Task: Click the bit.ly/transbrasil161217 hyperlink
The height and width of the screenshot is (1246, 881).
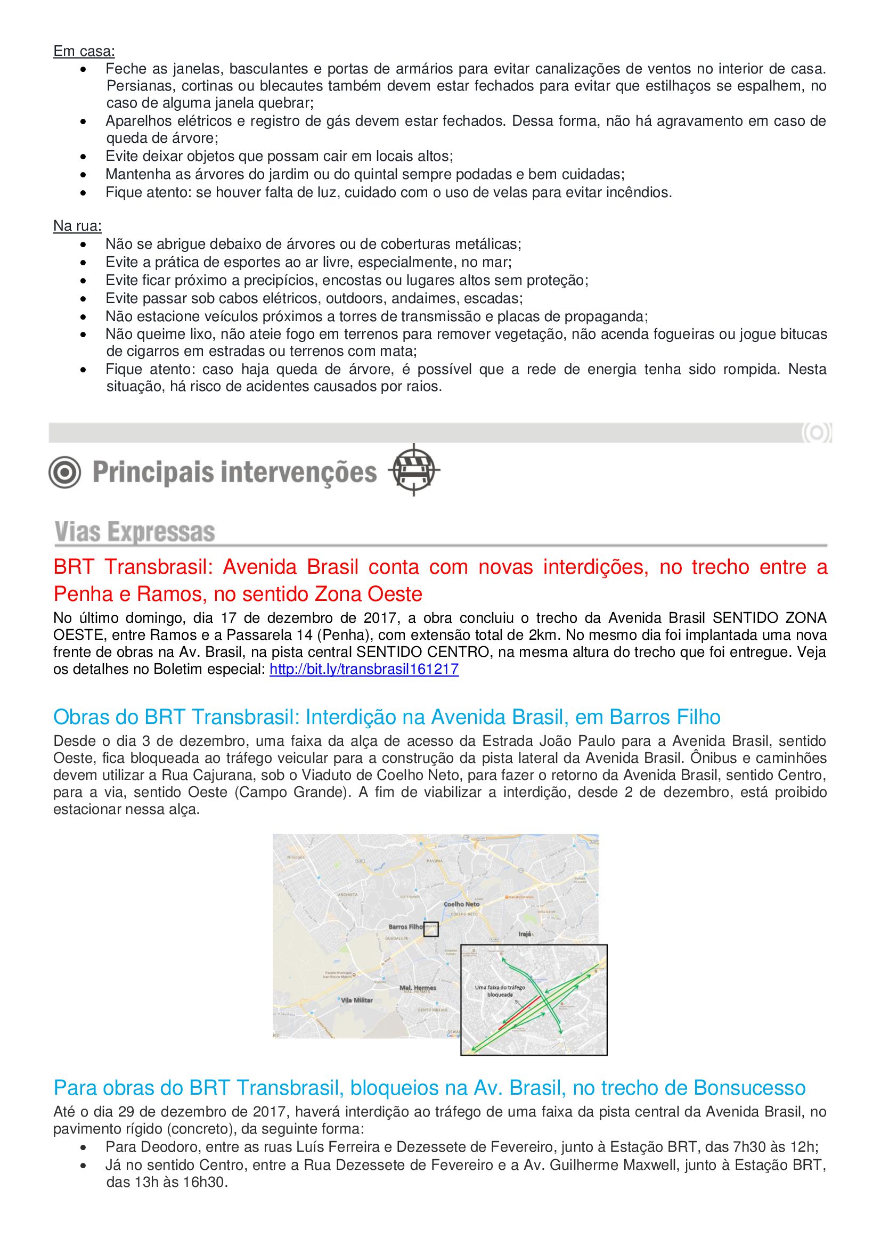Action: pyautogui.click(x=364, y=669)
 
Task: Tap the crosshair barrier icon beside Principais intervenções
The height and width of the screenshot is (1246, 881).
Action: pyautogui.click(x=414, y=470)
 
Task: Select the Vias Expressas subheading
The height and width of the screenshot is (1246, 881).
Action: pyautogui.click(x=135, y=532)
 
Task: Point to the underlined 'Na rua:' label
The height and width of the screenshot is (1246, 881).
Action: pyautogui.click(x=78, y=226)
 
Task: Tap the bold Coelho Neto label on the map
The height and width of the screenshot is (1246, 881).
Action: pyautogui.click(x=462, y=904)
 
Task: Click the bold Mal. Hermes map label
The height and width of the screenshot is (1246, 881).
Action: pyautogui.click(x=418, y=988)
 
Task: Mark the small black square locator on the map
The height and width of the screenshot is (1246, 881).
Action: pyautogui.click(x=431, y=929)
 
